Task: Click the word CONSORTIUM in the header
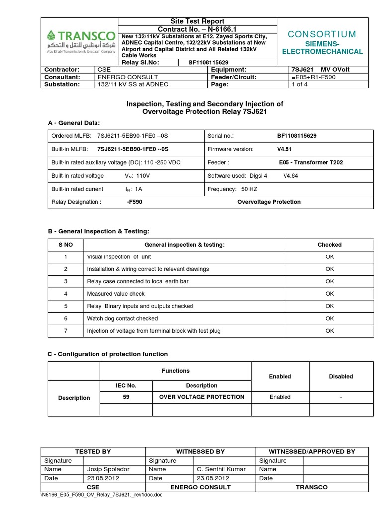pyautogui.click(x=322, y=34)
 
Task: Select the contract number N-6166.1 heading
pyautogui.click(x=197, y=29)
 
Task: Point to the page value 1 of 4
pyautogui.click(x=299, y=85)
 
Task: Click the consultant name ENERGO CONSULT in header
pyautogui.click(x=128, y=77)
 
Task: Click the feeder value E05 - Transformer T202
pyautogui.click(x=311, y=162)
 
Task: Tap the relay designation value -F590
pyautogui.click(x=135, y=202)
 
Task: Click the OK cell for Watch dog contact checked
pyautogui.click(x=329, y=318)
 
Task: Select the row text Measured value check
pyautogui.click(x=115, y=294)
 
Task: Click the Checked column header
pyautogui.click(x=329, y=245)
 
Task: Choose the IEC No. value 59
pyautogui.click(x=126, y=397)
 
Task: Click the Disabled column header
pyautogui.click(x=341, y=377)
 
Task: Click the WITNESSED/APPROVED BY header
pyautogui.click(x=311, y=451)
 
